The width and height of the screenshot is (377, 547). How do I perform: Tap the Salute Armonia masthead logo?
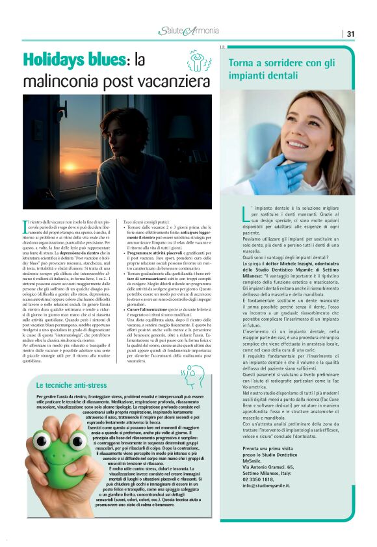point(188,31)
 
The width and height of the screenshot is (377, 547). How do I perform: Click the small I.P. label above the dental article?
point(222,47)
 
